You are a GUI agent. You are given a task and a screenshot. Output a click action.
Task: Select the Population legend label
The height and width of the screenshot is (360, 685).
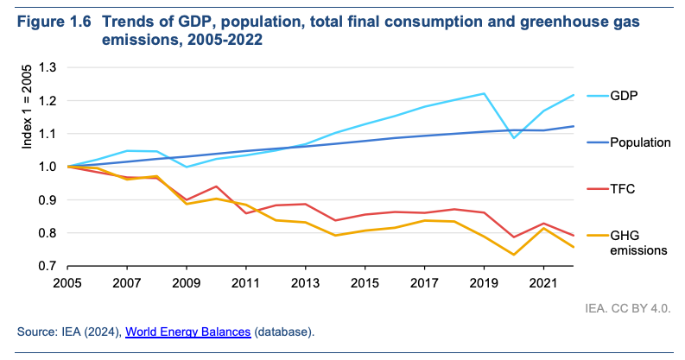tap(640, 142)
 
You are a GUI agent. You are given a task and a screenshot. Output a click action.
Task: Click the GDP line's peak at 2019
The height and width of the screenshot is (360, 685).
tap(483, 93)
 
